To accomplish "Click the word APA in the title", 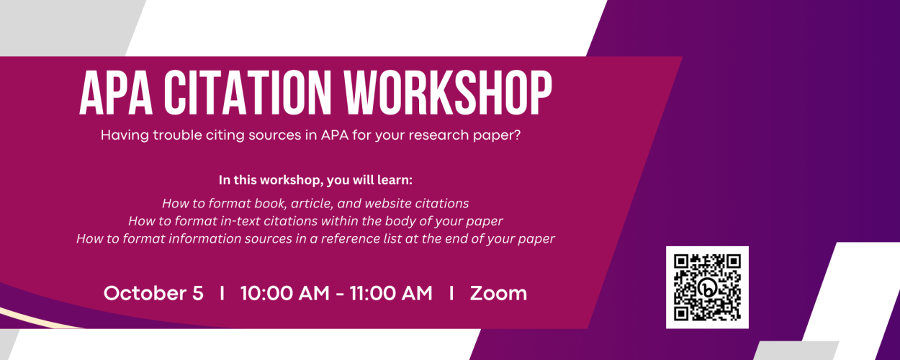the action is coord(116,93).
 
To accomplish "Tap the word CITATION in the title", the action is coord(248,93).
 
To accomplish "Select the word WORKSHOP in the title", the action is coord(448,93).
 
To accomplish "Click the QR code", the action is coord(707,287).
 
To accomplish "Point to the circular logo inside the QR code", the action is coord(708,287).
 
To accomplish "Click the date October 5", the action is coord(153,293).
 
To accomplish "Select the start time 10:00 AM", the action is coord(285,293).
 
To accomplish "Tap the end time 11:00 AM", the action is coord(391,293).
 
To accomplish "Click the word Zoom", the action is coord(498,293).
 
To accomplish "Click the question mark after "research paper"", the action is coord(517,135).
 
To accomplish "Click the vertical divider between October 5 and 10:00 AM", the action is coord(222,293).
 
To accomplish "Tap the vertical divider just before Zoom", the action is coord(451,293).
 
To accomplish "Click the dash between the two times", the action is coord(340,294).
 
